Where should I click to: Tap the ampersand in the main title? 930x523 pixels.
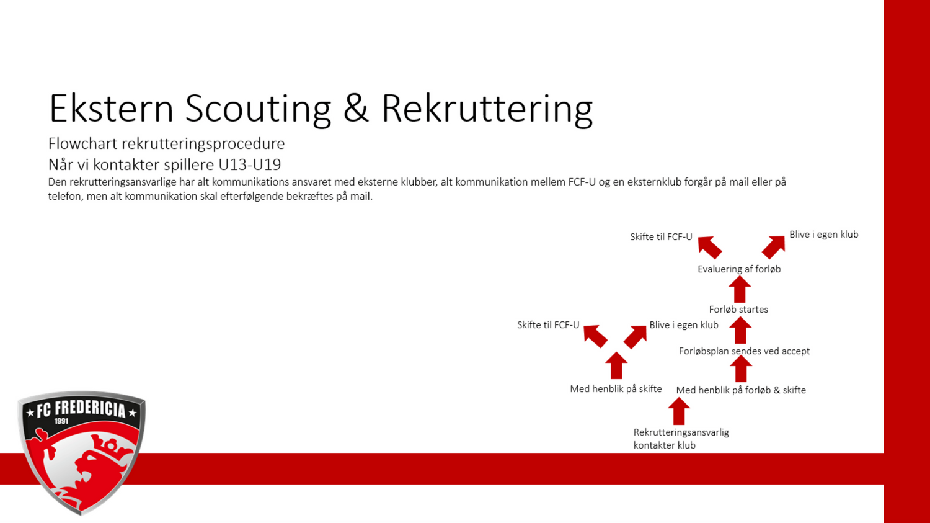[x=356, y=108]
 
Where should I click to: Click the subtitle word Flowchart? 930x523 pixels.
[x=83, y=143]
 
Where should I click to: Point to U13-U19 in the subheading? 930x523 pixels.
[x=249, y=164]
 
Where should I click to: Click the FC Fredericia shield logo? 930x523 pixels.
[x=81, y=453]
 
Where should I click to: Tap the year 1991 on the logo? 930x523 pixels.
[x=61, y=421]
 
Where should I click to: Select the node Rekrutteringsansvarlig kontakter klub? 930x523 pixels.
[x=681, y=439]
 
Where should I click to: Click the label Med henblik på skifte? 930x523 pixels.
[x=616, y=389]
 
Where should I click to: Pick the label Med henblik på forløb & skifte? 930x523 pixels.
[x=741, y=390]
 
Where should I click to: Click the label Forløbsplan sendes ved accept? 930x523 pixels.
[x=744, y=351]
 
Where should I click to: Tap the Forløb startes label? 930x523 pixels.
[x=738, y=310]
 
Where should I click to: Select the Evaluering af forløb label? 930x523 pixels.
[x=739, y=269]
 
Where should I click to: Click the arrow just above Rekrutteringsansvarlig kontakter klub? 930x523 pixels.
[x=679, y=411]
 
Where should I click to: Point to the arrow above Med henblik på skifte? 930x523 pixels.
[x=616, y=365]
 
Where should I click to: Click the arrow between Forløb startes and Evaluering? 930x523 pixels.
[x=740, y=289]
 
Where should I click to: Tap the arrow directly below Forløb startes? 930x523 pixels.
[x=740, y=330]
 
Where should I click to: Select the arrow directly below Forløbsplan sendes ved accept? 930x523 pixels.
[x=741, y=369]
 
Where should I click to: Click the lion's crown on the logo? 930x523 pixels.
[x=108, y=447]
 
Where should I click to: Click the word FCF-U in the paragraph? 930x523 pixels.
[x=582, y=182]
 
